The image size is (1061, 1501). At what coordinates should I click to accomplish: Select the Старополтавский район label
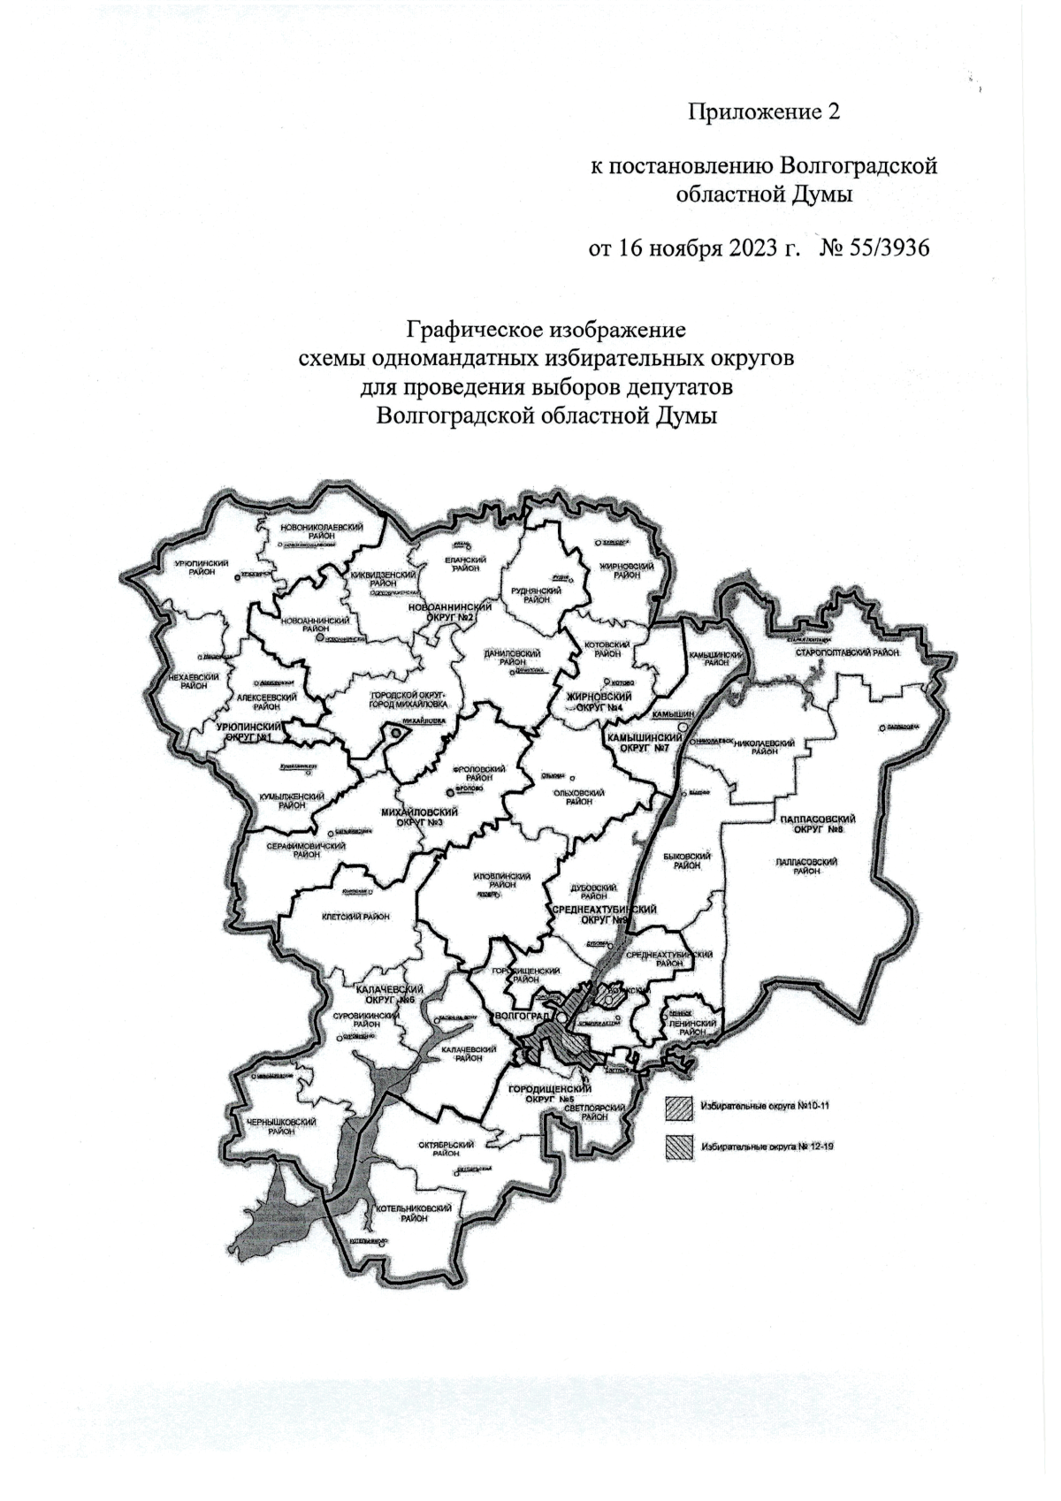tap(846, 652)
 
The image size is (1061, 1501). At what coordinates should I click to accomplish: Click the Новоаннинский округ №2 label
tap(450, 612)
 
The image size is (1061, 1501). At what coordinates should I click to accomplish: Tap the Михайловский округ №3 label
tap(418, 817)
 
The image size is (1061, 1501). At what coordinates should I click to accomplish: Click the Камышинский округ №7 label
tap(638, 742)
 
